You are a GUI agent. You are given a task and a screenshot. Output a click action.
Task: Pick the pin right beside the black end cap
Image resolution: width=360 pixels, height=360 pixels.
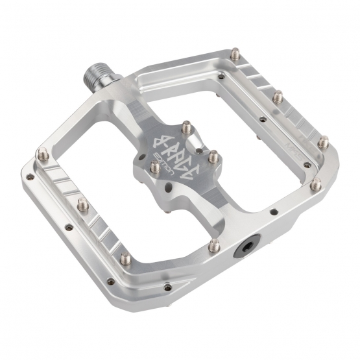(x=216, y=245)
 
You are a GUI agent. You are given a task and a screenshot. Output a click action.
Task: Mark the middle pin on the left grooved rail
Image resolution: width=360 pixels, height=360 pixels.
(x=84, y=206)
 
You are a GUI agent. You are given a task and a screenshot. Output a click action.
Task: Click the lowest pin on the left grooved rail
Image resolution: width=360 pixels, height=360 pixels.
(x=125, y=258)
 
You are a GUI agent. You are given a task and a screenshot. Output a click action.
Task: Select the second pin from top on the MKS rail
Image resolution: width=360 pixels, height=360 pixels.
(x=277, y=97)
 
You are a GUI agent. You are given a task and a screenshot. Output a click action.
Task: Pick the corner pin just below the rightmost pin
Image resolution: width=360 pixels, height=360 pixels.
(x=315, y=185)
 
